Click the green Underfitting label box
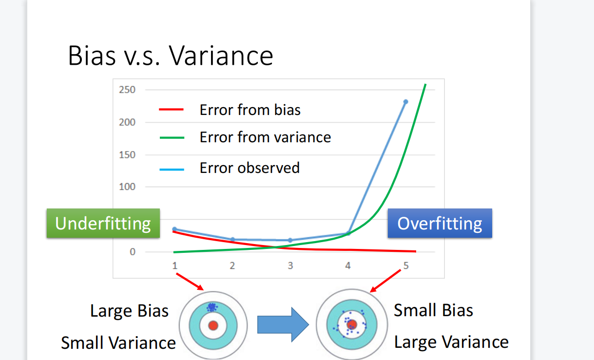pos(103,223)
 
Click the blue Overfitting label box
pos(440,223)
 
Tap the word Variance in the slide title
pos(221,56)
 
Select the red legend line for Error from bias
pos(171,109)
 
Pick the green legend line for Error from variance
pos(172,137)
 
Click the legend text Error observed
pos(249,168)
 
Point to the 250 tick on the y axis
pos(127,90)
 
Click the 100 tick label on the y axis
pos(127,187)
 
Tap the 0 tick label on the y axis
pos(133,251)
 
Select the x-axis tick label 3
pos(290,265)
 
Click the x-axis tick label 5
pos(406,265)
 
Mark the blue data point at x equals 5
pos(406,102)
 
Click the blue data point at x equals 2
pos(232,239)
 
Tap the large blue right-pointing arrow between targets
pos(283,324)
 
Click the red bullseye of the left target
pos(213,325)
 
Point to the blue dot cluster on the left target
pos(212,307)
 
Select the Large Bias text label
pos(129,311)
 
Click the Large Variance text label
pos(451,342)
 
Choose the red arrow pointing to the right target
pos(385,281)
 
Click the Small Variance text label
pos(118,343)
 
